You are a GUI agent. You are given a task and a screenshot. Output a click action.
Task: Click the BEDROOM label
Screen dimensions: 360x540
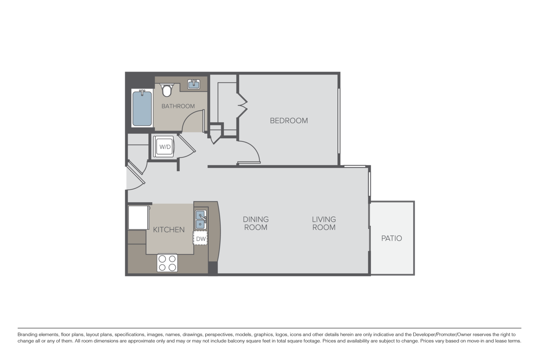[289, 121]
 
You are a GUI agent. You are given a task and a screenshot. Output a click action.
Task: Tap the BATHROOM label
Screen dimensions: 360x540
[178, 106]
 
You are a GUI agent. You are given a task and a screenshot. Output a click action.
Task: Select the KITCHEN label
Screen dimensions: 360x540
[169, 229]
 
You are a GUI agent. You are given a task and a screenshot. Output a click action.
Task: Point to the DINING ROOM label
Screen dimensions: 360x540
[256, 223]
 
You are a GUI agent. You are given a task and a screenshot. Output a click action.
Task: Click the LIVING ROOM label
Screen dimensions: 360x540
[324, 223]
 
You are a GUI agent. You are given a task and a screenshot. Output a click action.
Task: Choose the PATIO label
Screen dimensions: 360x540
[391, 238]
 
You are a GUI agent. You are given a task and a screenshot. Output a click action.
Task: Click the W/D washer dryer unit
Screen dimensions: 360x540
[165, 147]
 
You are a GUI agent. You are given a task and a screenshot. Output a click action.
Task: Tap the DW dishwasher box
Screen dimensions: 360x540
[201, 238]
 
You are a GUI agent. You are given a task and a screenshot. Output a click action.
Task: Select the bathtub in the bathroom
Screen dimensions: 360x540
[142, 108]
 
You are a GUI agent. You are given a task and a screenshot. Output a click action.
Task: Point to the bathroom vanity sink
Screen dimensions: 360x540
[194, 84]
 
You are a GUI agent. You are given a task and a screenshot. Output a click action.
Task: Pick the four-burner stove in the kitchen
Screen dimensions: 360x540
[167, 262]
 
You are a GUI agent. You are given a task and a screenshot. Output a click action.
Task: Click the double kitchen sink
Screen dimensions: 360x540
[200, 219]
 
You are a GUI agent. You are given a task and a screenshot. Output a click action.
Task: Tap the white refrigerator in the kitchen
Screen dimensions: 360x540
[138, 217]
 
